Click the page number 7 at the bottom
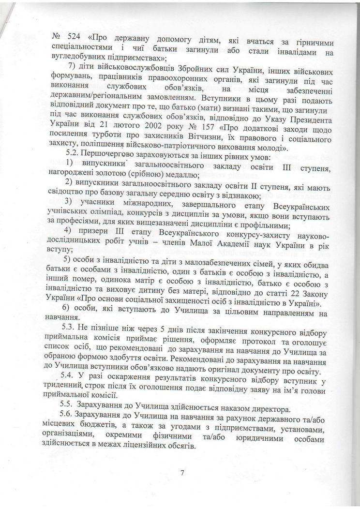coord(182,473)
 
